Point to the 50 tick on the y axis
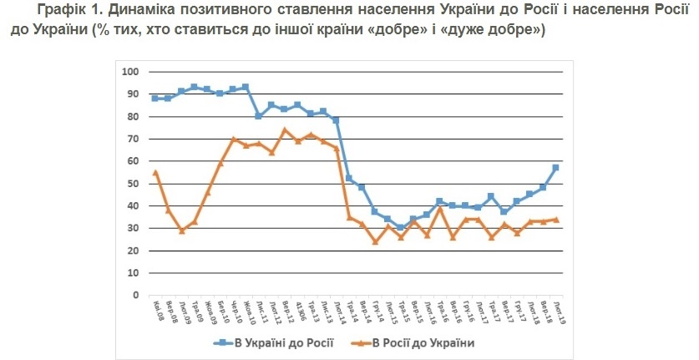132,183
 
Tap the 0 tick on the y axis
134,295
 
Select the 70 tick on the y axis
132,139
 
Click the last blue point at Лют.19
555,168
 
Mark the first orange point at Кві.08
155,172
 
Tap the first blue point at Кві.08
155,99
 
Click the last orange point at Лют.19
555,220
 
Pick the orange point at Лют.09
181,231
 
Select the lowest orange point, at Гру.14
375,241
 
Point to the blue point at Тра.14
349,179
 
